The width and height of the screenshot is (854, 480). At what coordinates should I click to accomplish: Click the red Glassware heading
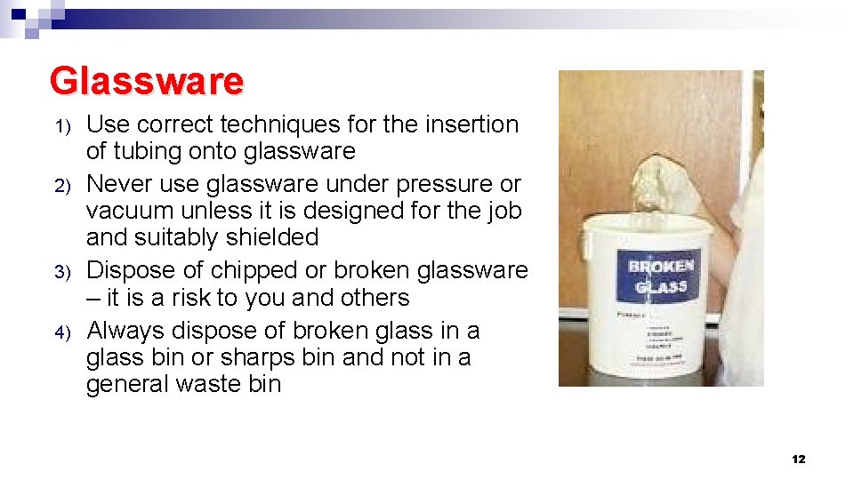pos(147,81)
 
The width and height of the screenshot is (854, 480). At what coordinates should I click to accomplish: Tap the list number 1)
pos(62,127)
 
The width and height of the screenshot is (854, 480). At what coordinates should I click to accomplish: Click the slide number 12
pos(798,459)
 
